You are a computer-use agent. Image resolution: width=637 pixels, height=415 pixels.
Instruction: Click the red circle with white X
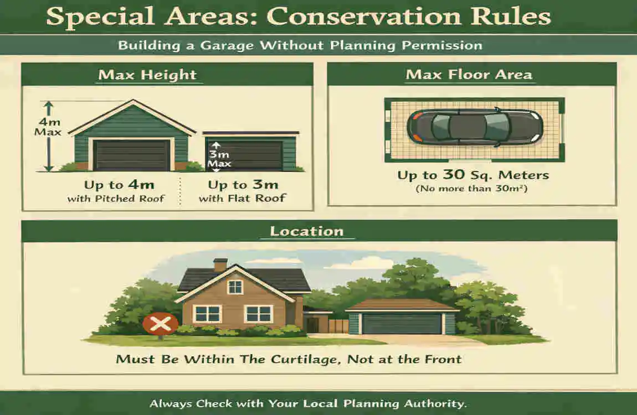click(x=161, y=324)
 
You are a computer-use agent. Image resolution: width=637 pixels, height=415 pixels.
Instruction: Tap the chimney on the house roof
click(x=220, y=265)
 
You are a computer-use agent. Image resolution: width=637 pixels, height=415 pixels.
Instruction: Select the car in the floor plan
click(x=475, y=127)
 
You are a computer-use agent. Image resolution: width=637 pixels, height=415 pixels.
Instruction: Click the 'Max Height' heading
click(x=147, y=75)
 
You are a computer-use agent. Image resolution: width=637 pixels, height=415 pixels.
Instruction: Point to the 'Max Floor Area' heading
click(x=469, y=75)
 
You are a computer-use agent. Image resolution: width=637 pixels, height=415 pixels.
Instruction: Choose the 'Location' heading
click(x=307, y=231)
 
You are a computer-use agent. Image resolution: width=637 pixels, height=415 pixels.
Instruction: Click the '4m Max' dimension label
click(x=48, y=127)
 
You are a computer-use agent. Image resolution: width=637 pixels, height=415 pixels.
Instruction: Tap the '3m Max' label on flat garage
click(x=219, y=159)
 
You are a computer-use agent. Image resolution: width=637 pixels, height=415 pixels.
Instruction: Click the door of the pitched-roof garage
click(x=131, y=155)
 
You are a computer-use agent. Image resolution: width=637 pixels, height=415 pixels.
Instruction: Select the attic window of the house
click(x=235, y=287)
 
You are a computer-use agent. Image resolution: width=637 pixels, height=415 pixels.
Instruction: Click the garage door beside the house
click(x=402, y=324)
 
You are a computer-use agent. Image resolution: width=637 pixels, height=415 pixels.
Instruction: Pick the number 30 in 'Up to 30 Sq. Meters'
click(x=453, y=174)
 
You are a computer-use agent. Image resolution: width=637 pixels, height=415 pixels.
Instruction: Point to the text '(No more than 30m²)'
click(x=471, y=189)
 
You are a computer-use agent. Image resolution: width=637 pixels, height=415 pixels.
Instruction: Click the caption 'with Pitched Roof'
click(x=116, y=199)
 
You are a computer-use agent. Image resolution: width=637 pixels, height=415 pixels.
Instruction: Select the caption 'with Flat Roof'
click(x=243, y=199)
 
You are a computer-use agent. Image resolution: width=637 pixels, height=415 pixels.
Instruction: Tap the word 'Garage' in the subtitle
click(x=227, y=45)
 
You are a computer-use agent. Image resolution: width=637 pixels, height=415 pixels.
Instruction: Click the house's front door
click(x=312, y=325)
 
